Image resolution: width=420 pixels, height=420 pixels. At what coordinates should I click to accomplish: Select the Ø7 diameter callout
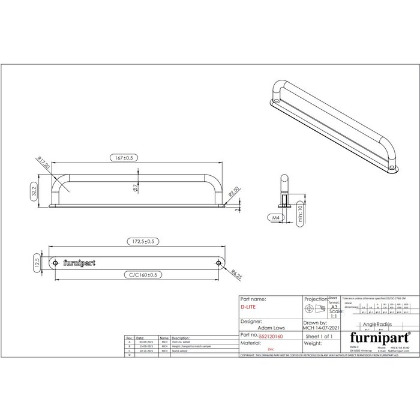pyautogui.click(x=136, y=188)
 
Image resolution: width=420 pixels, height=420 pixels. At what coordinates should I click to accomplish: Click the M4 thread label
pyautogui.click(x=275, y=217)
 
